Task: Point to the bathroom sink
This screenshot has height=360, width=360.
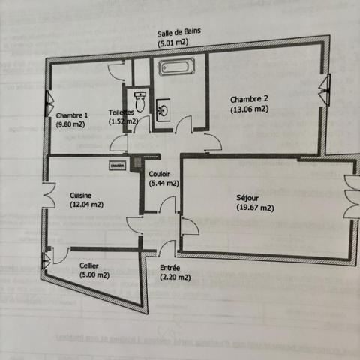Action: tap(162, 109)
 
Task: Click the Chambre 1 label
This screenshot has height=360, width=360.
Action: tap(73, 115)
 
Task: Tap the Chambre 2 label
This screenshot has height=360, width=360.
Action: tap(249, 99)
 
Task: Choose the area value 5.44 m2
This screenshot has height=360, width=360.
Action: tap(163, 182)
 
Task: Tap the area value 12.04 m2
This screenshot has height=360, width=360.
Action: tap(85, 204)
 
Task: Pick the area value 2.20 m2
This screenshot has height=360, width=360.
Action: tap(175, 277)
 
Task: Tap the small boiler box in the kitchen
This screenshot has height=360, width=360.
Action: tap(116, 165)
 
